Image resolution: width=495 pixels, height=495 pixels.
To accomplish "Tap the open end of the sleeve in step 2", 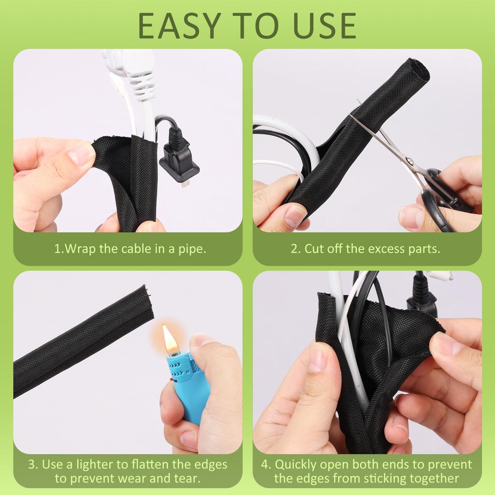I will coord(418,71).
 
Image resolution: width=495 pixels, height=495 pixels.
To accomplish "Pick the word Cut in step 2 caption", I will coord(314,249).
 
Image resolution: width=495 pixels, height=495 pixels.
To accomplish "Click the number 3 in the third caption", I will coord(31,465).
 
